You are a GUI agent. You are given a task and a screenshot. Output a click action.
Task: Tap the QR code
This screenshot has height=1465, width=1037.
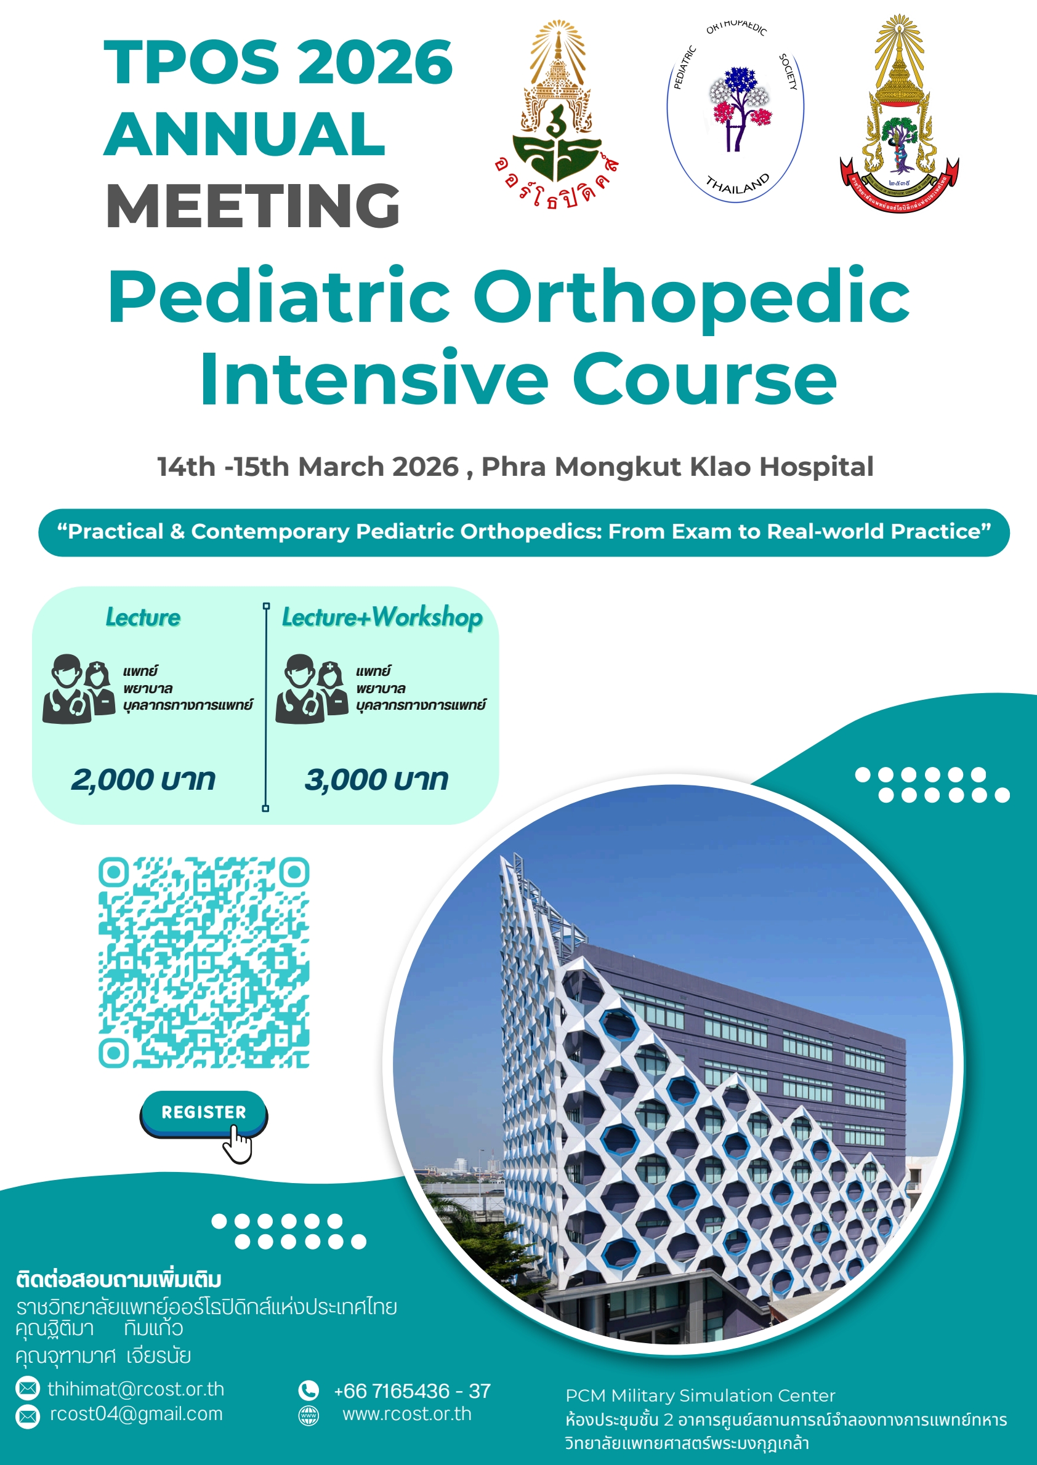(204, 962)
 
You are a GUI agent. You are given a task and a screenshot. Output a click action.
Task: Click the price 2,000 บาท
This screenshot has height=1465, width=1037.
(143, 779)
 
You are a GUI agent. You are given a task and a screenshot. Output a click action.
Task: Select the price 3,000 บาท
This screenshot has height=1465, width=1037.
(376, 779)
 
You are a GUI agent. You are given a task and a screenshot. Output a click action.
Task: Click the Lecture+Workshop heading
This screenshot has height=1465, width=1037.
(382, 617)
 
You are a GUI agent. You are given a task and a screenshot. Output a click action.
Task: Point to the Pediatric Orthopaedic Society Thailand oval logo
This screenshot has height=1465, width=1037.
(736, 111)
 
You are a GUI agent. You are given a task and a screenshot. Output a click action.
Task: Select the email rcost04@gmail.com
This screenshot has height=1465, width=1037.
(137, 1413)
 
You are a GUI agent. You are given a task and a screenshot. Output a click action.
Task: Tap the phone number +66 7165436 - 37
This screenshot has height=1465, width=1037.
(412, 1391)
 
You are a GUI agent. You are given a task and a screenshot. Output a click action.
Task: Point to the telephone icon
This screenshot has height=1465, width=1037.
(309, 1391)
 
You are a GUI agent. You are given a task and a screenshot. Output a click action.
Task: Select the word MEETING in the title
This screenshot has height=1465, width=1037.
(253, 205)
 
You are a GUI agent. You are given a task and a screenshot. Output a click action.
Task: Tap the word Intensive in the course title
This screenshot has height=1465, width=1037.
(374, 379)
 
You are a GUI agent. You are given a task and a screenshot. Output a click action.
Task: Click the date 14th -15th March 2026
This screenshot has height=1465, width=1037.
(308, 467)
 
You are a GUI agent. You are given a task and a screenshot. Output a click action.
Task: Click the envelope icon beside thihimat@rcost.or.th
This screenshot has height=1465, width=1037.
(28, 1389)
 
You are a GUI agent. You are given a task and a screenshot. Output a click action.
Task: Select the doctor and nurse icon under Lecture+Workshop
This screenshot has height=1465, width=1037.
(312, 689)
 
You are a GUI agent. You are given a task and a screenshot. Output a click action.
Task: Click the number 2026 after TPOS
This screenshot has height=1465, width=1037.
(375, 62)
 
